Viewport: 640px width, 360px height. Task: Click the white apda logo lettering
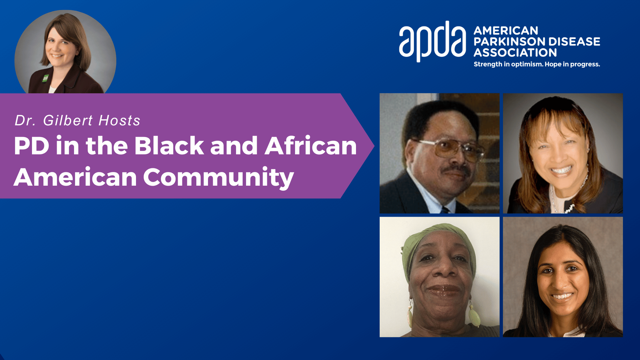click(x=432, y=42)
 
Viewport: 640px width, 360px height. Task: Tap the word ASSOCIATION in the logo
click(x=515, y=53)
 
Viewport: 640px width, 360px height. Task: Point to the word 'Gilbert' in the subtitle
click(x=68, y=120)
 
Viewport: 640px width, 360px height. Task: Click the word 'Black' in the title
click(x=169, y=146)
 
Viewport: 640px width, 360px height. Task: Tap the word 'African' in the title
click(x=311, y=146)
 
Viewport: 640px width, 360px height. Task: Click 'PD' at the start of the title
click(x=31, y=146)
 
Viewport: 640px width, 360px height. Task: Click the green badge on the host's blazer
click(x=45, y=78)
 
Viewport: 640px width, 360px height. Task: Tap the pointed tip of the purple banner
click(x=374, y=146)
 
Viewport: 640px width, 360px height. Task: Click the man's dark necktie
click(x=444, y=210)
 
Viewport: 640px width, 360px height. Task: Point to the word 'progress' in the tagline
click(x=585, y=64)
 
